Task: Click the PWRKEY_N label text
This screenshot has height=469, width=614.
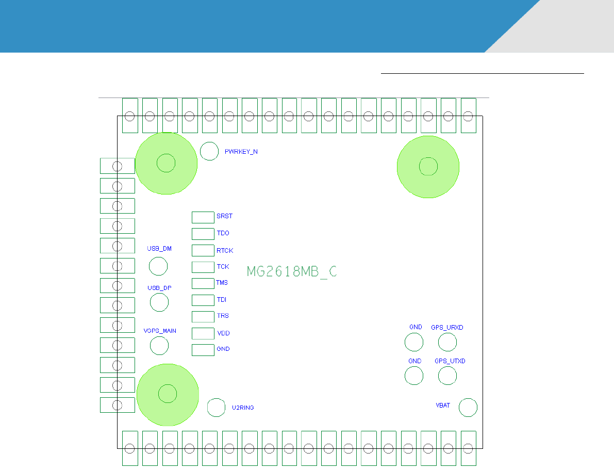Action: click(x=241, y=152)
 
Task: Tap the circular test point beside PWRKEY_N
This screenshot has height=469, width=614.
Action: click(x=209, y=151)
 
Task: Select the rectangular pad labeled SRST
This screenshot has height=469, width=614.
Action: click(x=203, y=217)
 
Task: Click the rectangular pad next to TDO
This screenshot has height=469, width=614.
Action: click(x=203, y=234)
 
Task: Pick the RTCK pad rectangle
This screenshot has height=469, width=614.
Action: click(x=203, y=251)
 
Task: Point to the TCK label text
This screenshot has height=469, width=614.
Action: click(x=223, y=267)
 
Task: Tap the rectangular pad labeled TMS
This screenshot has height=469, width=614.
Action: click(x=203, y=283)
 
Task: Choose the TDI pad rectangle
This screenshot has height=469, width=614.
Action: click(x=203, y=300)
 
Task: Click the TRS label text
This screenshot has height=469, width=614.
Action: click(x=223, y=316)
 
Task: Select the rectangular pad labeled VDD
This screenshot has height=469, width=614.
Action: click(x=203, y=333)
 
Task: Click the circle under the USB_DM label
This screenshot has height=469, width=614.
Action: click(x=158, y=266)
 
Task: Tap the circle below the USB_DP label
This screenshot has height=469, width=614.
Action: click(x=159, y=302)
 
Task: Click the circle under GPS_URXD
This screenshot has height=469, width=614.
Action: click(x=447, y=342)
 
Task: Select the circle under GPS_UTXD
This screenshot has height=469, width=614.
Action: click(x=447, y=376)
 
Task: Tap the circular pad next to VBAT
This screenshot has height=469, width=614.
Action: click(x=468, y=407)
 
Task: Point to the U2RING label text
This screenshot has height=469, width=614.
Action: click(x=243, y=408)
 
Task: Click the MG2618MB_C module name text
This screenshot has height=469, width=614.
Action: click(x=292, y=271)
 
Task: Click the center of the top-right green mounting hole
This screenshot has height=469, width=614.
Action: click(x=428, y=167)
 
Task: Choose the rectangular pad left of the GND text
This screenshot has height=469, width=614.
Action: click(x=203, y=350)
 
